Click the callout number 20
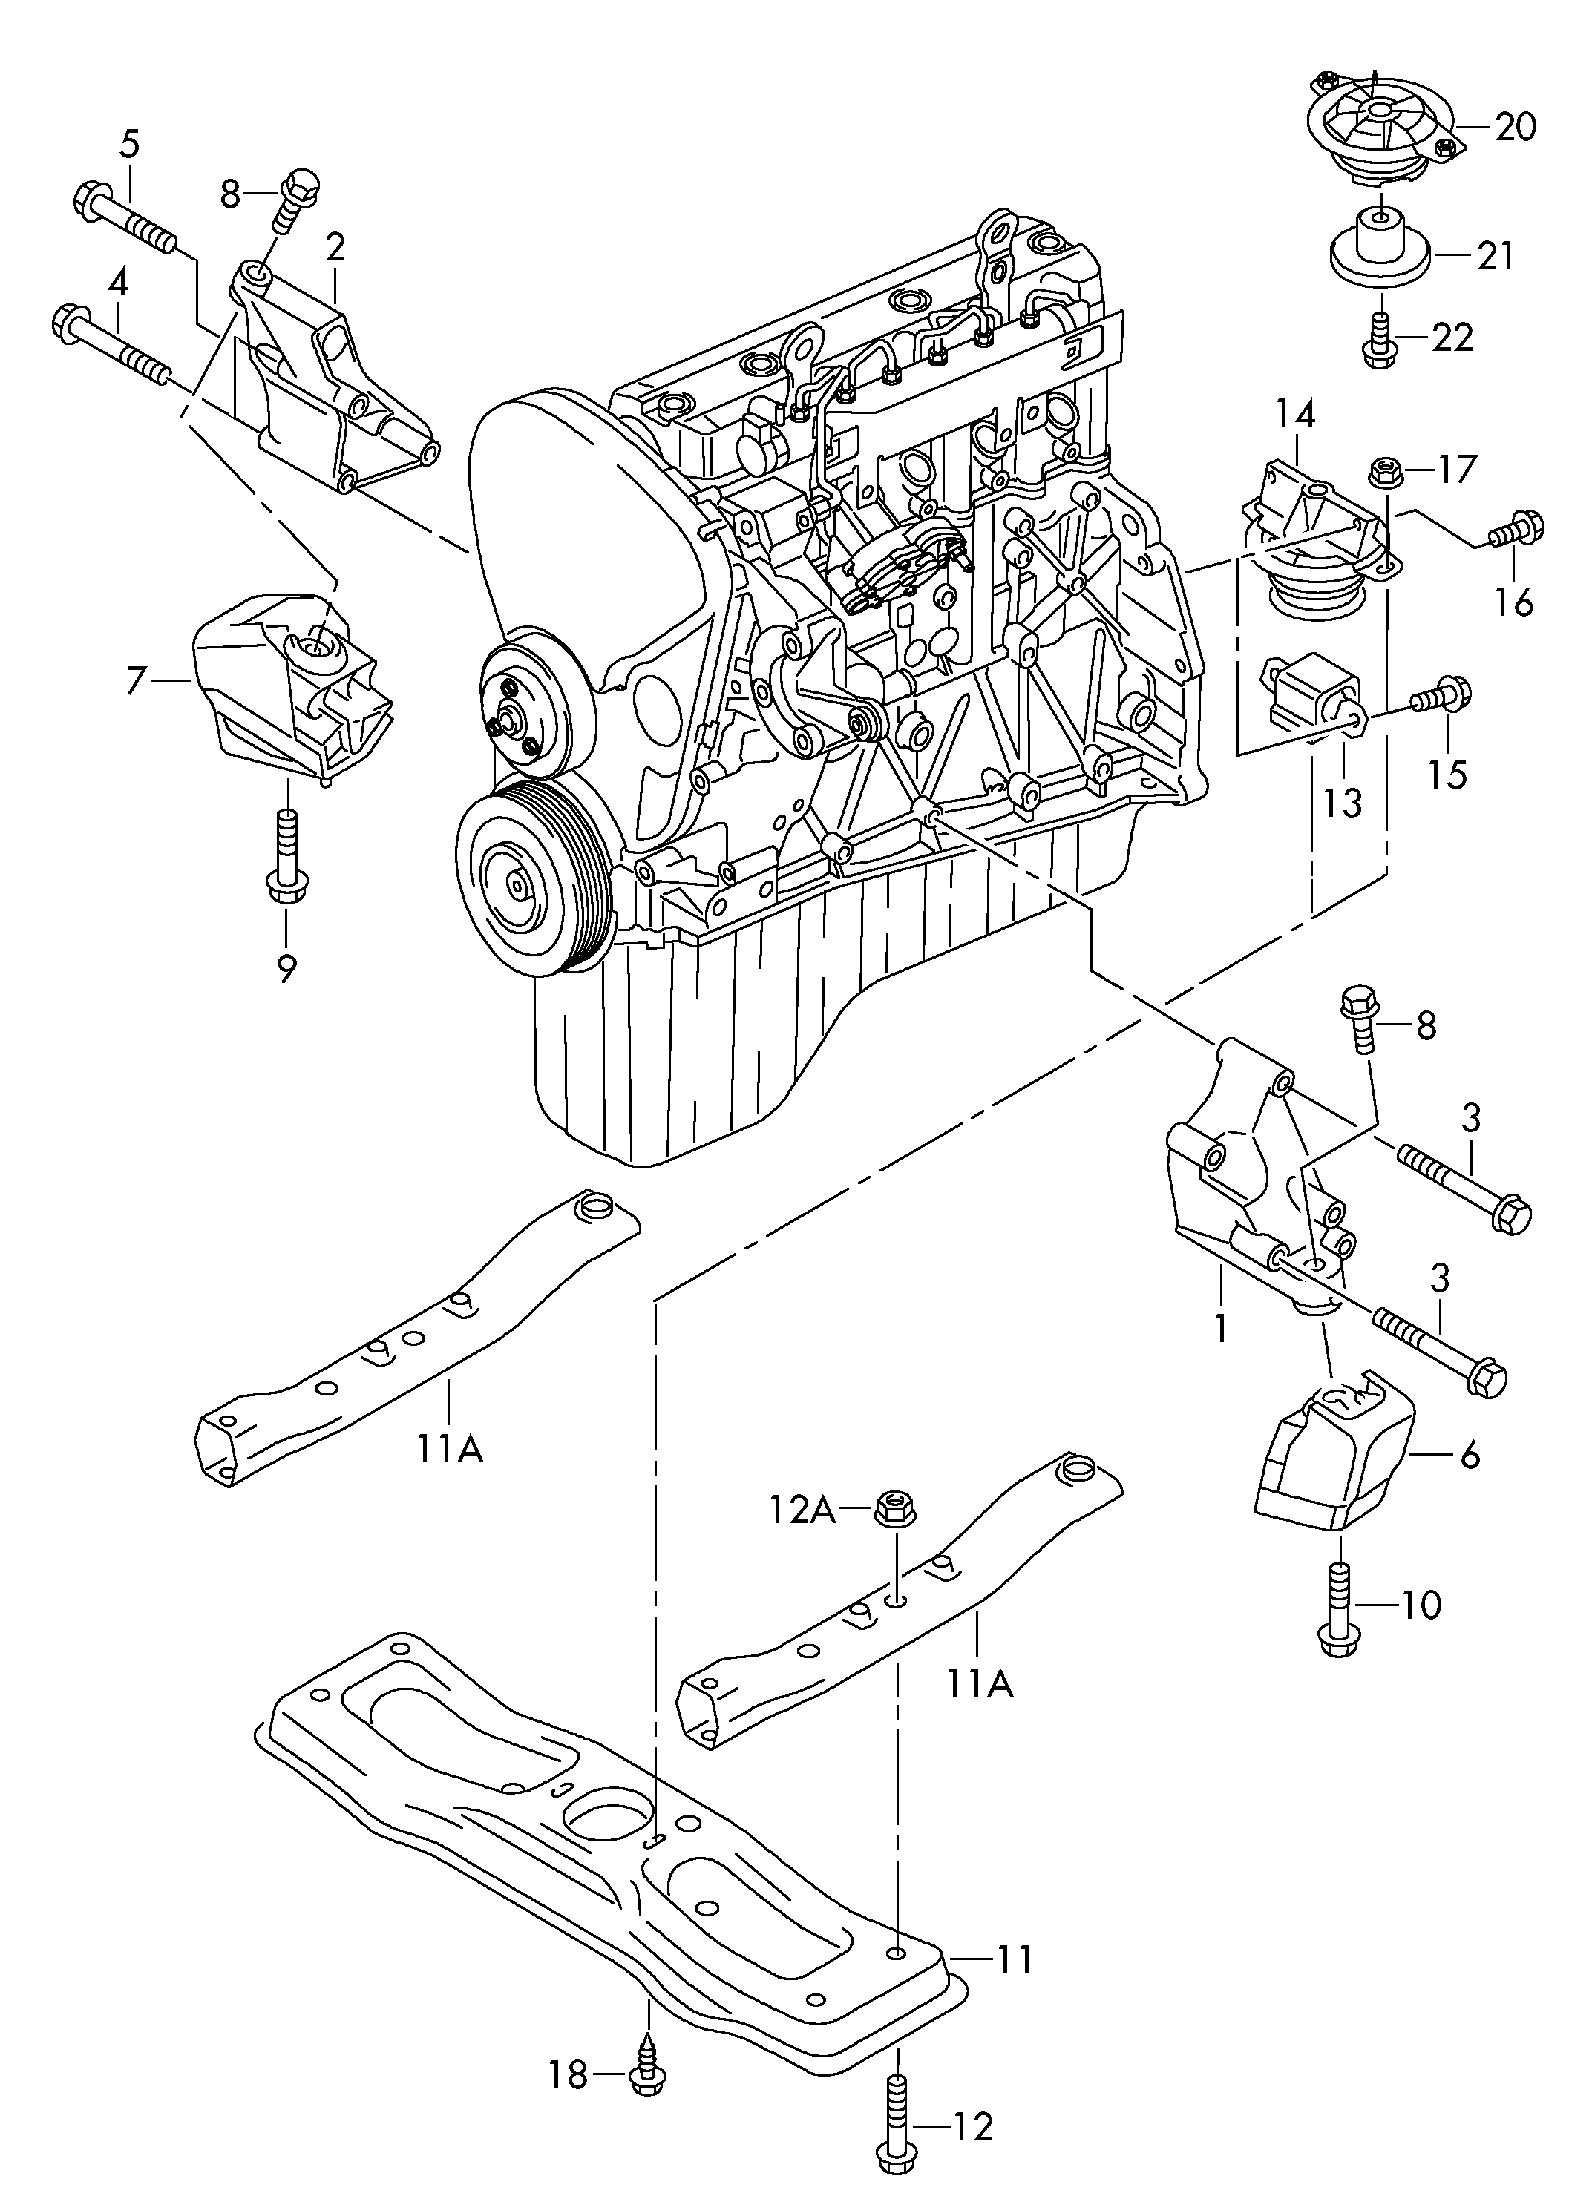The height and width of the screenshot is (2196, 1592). [x=1515, y=127]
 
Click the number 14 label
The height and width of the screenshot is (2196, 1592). [x=1296, y=415]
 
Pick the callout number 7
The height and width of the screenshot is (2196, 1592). [x=137, y=680]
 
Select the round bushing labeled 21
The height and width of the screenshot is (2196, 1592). [x=1378, y=247]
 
